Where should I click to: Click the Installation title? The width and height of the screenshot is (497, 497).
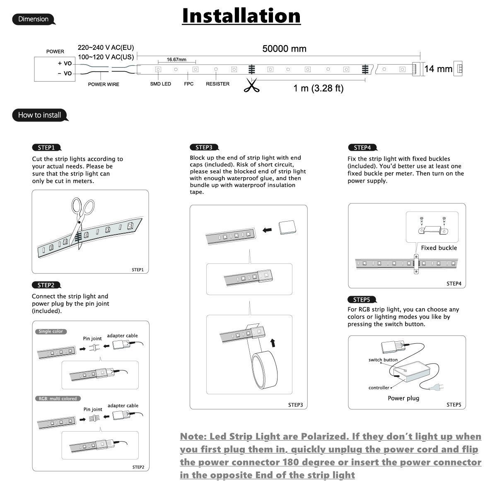click(x=241, y=16)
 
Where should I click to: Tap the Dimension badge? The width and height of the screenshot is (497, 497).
click(x=34, y=19)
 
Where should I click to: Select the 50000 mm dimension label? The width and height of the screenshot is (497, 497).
click(x=284, y=48)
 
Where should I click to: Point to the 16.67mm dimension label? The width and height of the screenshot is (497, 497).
click(x=176, y=59)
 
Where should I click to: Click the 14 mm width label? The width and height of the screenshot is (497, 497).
click(x=438, y=69)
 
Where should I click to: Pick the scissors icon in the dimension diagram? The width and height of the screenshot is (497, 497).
click(x=250, y=86)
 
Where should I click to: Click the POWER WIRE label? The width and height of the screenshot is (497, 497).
click(x=104, y=84)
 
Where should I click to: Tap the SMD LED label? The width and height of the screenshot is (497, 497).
click(x=160, y=84)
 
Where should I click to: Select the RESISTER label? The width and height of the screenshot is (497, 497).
click(x=217, y=84)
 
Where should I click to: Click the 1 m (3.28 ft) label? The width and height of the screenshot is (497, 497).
click(x=318, y=88)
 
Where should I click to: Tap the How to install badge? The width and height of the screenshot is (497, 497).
click(x=40, y=115)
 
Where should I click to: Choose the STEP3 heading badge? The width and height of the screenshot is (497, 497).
click(x=204, y=147)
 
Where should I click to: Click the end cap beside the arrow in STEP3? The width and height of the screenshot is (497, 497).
click(x=287, y=227)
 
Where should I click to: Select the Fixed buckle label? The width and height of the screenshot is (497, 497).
click(x=439, y=248)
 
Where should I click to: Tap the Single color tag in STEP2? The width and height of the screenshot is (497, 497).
click(x=51, y=331)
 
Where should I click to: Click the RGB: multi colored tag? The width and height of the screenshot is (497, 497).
click(x=58, y=398)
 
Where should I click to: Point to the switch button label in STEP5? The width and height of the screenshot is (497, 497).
click(x=383, y=360)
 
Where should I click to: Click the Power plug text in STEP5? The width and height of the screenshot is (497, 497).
click(x=403, y=398)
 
